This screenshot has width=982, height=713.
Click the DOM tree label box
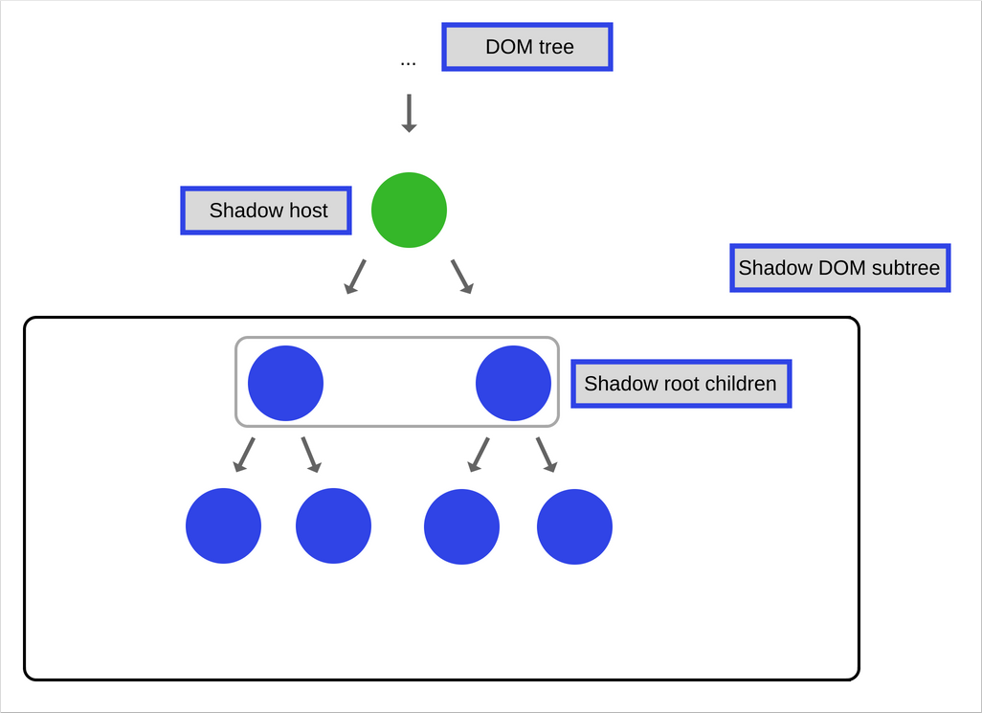tap(527, 47)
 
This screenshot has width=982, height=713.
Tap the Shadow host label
tap(266, 211)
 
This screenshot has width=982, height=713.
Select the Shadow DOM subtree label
tap(839, 268)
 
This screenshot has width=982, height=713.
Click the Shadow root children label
tap(681, 384)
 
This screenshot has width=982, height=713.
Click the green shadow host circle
tap(409, 210)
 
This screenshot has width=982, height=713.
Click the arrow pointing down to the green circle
tap(409, 113)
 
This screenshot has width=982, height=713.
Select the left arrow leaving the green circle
tap(356, 276)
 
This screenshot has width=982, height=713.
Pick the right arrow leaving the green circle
tap(462, 276)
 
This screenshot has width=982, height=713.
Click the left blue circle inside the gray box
tap(285, 383)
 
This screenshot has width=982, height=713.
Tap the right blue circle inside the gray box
tap(513, 383)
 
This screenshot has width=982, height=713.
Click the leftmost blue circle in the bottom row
tap(223, 526)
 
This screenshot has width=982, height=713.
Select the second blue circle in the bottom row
tap(333, 526)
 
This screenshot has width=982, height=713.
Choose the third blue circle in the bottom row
tap(461, 526)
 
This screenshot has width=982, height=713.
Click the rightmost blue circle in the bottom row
tap(574, 526)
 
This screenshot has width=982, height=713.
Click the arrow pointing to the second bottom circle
tap(311, 455)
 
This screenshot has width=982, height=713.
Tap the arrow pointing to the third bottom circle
tap(479, 455)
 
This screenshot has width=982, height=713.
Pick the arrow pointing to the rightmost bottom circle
tap(547, 455)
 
